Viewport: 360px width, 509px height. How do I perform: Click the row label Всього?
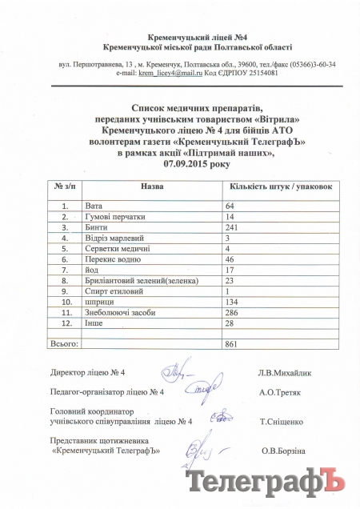(65, 343)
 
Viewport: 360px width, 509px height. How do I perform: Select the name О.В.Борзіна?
(283, 451)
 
